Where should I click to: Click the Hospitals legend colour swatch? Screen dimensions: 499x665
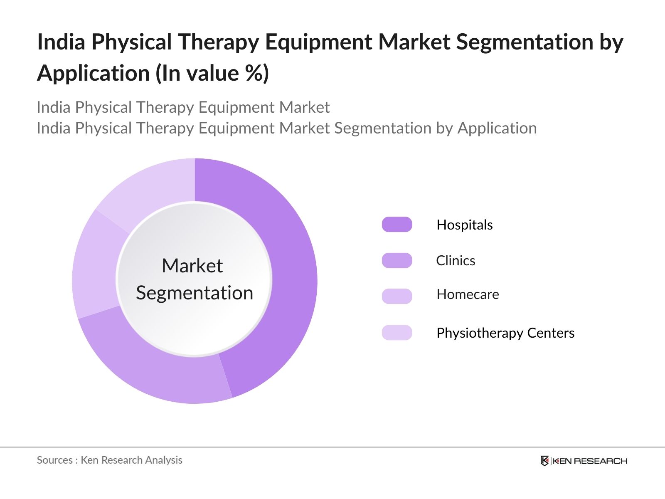coord(397,225)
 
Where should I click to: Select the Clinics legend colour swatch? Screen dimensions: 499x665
coord(397,260)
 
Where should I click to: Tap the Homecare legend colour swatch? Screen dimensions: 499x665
coord(397,296)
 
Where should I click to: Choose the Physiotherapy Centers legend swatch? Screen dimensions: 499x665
coord(397,333)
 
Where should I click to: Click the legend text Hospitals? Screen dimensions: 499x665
coord(464,225)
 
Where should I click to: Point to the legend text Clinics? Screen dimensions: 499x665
coord(456,261)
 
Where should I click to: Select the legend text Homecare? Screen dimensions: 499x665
coord(468,294)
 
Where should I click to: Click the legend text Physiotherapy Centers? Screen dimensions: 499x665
coord(505,333)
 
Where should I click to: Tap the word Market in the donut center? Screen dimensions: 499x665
coord(192,266)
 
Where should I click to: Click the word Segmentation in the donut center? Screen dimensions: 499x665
coord(195,293)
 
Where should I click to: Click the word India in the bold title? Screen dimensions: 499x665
coord(61,42)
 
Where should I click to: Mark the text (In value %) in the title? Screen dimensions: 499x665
coord(212,74)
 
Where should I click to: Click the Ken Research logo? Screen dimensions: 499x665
coord(584,461)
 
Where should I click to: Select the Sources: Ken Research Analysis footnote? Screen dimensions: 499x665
coord(109,460)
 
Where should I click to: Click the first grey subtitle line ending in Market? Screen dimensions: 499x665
coord(183,107)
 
